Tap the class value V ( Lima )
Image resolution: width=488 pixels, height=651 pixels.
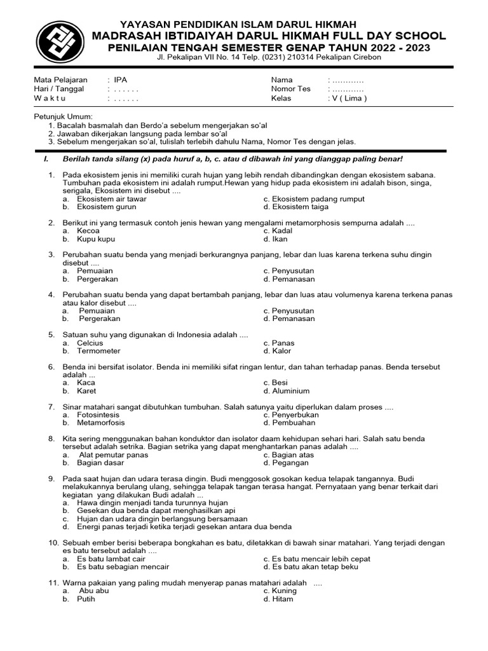[x=347, y=99]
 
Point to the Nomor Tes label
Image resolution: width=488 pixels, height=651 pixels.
[x=290, y=89]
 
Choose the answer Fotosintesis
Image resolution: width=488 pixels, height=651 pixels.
[x=99, y=415]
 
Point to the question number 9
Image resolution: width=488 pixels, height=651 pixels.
[x=51, y=478]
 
